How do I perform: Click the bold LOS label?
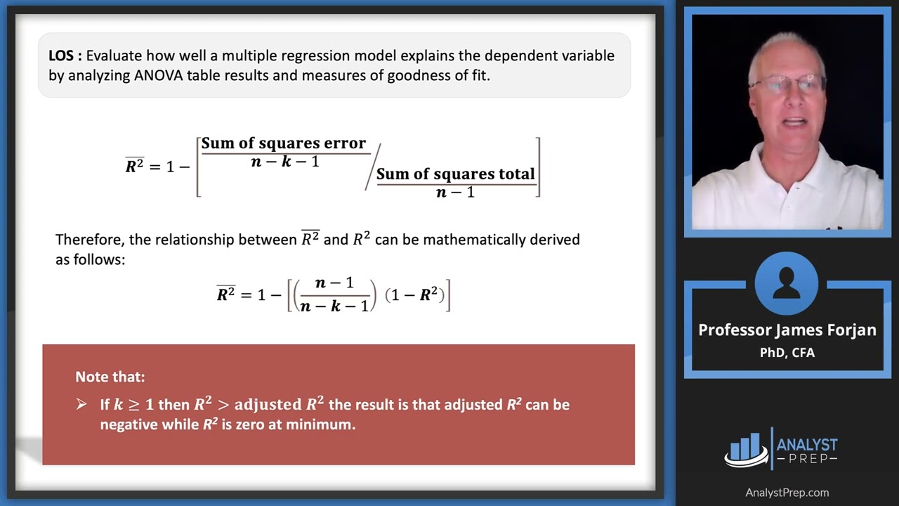click(x=65, y=56)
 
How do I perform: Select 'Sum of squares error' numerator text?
click(x=284, y=143)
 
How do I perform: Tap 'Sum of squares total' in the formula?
click(x=456, y=174)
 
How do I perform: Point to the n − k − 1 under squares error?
click(x=284, y=162)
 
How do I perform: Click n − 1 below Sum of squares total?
click(x=455, y=192)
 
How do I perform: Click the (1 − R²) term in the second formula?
click(x=414, y=295)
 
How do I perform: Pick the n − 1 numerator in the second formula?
click(x=334, y=283)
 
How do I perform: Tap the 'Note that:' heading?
click(x=110, y=377)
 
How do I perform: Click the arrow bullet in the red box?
click(x=82, y=405)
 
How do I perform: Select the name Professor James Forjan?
click(x=787, y=330)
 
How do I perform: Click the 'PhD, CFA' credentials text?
click(x=787, y=353)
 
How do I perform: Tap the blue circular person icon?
click(x=787, y=285)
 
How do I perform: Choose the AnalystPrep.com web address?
click(x=787, y=493)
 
